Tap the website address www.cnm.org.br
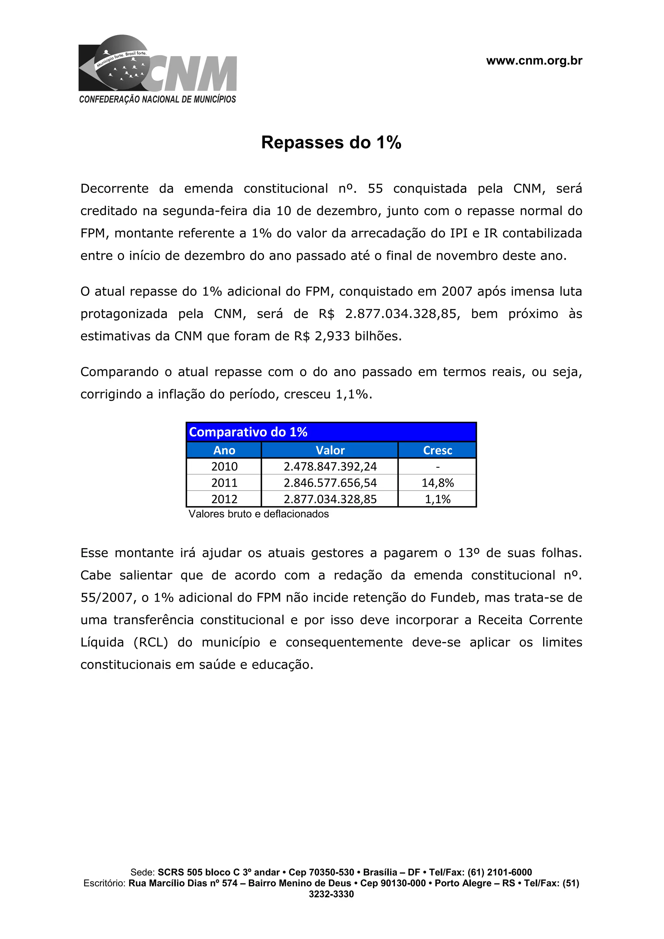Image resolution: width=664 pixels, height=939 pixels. click(x=534, y=61)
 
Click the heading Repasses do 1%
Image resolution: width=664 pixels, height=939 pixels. click(x=331, y=142)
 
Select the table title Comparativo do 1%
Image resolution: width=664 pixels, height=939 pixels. click(x=248, y=432)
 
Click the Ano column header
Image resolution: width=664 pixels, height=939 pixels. click(x=224, y=450)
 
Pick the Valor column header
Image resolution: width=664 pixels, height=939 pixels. click(x=330, y=450)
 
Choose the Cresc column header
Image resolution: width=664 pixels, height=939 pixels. click(x=437, y=450)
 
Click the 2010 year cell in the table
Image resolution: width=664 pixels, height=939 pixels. click(x=224, y=467)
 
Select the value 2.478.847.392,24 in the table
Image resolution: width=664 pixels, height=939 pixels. click(x=330, y=467)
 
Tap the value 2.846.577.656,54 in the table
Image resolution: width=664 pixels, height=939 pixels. click(x=330, y=483)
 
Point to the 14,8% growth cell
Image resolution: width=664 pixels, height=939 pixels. click(x=437, y=483)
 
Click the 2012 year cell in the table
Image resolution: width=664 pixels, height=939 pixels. click(x=224, y=499)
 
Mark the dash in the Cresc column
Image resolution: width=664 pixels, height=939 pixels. click(x=438, y=467)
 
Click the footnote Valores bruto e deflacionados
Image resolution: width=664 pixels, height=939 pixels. click(x=258, y=514)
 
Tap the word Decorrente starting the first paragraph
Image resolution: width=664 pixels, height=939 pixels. click(x=114, y=189)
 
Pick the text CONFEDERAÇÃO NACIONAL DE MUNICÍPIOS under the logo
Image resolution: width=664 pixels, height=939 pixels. click(x=158, y=99)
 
